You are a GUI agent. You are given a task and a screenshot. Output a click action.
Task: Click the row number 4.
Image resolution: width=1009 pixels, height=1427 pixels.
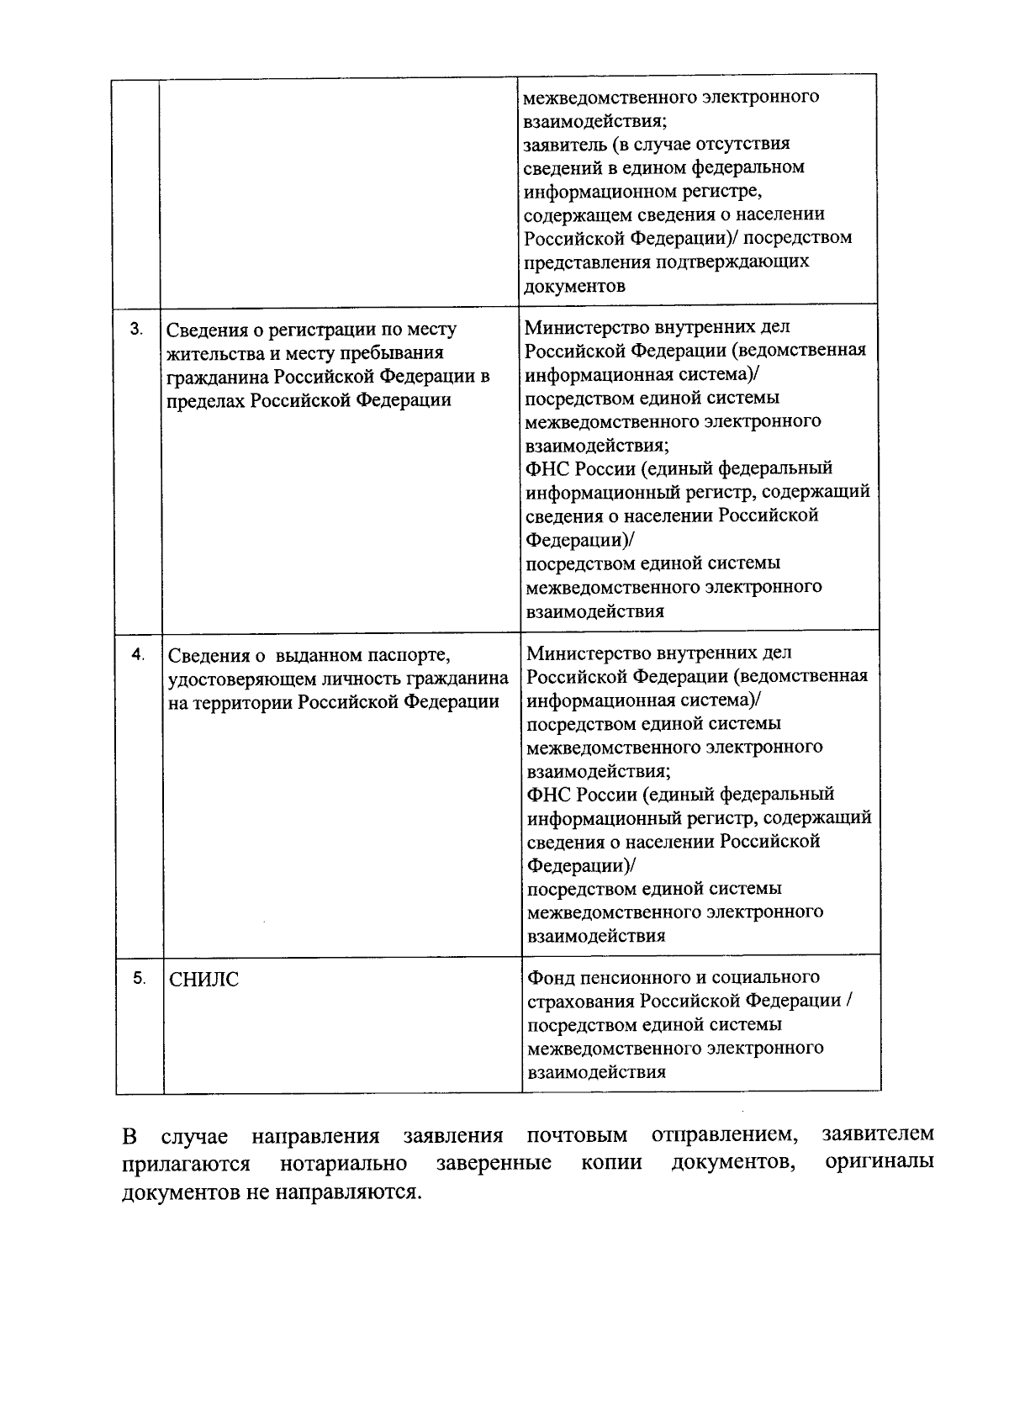tap(138, 655)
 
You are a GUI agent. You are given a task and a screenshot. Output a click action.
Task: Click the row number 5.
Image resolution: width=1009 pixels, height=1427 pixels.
tap(139, 978)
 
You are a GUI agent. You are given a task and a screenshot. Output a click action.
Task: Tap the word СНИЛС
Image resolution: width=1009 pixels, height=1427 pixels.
tap(203, 980)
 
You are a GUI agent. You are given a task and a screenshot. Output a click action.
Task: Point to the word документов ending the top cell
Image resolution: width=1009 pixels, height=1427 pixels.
tap(574, 285)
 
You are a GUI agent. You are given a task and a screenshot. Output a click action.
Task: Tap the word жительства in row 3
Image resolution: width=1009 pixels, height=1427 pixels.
tap(214, 353)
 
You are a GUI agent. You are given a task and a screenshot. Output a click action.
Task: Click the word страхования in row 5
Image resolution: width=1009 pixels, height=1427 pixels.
tap(579, 1001)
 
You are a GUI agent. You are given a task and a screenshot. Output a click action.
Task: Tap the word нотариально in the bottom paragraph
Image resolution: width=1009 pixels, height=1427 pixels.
tap(343, 1164)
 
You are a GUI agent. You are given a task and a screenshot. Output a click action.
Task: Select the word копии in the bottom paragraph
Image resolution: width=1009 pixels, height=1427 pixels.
tap(611, 1164)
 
